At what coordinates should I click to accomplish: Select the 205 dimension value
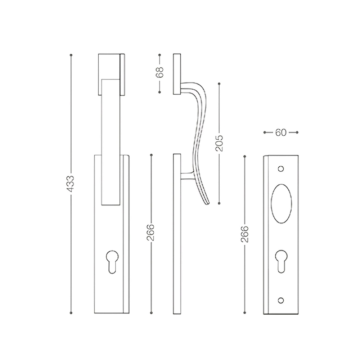tap(219, 143)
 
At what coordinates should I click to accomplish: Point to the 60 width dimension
tap(281, 132)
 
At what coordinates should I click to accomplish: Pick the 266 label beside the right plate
tap(245, 234)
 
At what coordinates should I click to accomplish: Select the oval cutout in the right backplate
tap(281, 204)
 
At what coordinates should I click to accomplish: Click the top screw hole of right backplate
tap(281, 169)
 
